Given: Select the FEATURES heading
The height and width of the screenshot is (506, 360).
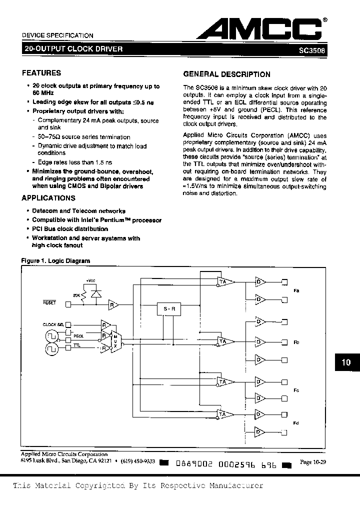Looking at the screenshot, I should pyautogui.click(x=41, y=73).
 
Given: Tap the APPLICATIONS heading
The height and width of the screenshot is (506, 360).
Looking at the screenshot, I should pyautogui.click(x=50, y=198).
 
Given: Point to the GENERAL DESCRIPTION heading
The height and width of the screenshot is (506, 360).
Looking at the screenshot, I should pyautogui.click(x=227, y=74).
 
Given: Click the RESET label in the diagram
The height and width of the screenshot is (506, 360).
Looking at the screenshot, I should pyautogui.click(x=49, y=303).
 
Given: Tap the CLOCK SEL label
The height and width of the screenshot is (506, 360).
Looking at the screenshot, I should pyautogui.click(x=53, y=324).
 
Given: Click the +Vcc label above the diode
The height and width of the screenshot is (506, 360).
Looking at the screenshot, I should pyautogui.click(x=90, y=280).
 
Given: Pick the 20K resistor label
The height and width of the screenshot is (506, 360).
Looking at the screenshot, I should pyautogui.click(x=76, y=296).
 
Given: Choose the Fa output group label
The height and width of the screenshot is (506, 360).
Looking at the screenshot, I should pyautogui.click(x=296, y=290).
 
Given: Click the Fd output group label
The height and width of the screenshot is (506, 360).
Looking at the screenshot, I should pyautogui.click(x=296, y=423).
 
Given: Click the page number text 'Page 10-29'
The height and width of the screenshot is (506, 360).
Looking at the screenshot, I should pyautogui.click(x=312, y=462).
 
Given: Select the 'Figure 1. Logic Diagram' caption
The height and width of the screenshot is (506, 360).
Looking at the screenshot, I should pyautogui.click(x=55, y=261).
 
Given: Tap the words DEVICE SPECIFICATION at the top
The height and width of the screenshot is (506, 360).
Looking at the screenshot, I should pyautogui.click(x=57, y=35).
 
